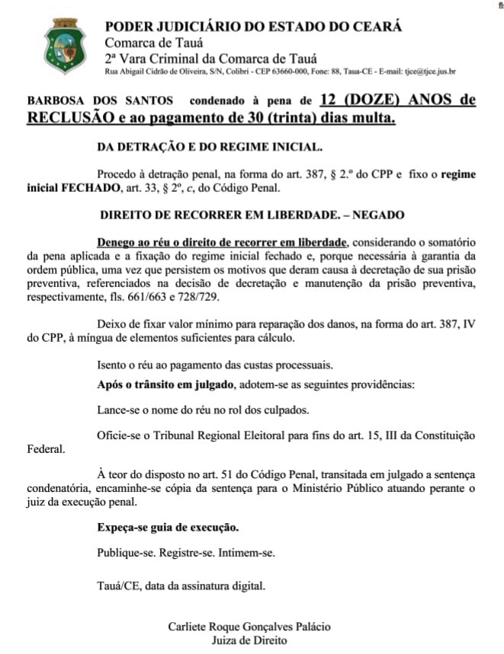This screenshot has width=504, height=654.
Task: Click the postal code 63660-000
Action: tap(288, 72)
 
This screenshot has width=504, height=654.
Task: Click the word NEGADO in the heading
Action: tap(378, 215)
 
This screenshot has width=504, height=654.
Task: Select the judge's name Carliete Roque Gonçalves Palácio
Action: tap(249, 627)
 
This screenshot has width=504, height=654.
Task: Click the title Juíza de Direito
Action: tap(249, 640)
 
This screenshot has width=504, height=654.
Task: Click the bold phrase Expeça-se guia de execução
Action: tap(168, 527)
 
